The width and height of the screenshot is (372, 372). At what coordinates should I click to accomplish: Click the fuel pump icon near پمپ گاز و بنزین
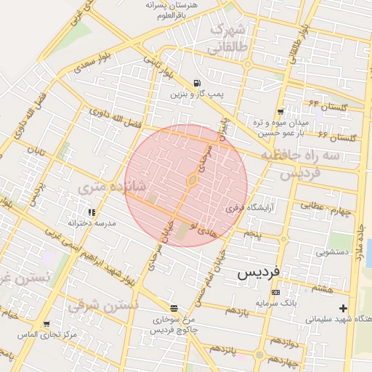(x=198, y=83)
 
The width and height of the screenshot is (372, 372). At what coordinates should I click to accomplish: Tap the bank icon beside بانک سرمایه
(x=275, y=291)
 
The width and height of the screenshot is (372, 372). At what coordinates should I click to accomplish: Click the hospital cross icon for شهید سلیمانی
(x=343, y=308)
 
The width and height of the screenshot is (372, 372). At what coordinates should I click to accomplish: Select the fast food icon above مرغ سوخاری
(x=173, y=308)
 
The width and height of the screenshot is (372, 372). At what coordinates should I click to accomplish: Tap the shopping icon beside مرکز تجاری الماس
(x=46, y=324)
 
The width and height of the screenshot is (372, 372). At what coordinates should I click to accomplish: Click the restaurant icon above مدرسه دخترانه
(x=92, y=213)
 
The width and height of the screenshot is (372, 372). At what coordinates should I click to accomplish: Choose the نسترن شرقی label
(x=105, y=304)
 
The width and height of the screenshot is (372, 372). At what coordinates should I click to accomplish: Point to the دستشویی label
(x=333, y=253)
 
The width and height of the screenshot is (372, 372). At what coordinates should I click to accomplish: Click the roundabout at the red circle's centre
(x=193, y=179)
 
